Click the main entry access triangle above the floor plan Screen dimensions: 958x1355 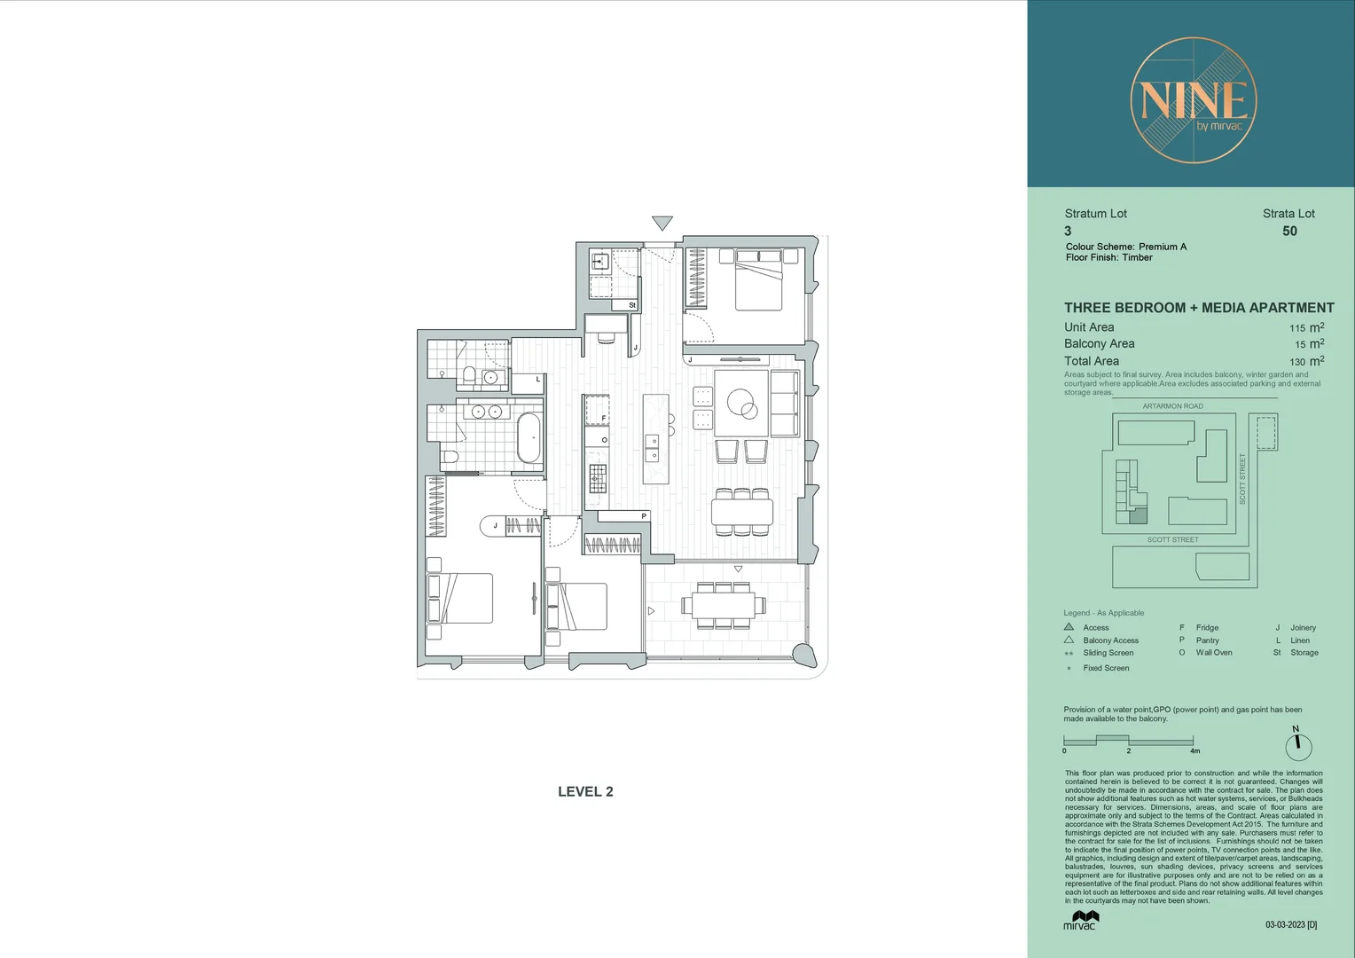click(662, 223)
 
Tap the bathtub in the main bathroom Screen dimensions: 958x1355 click(529, 438)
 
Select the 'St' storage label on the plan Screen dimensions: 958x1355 click(632, 305)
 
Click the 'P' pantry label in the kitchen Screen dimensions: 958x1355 click(644, 516)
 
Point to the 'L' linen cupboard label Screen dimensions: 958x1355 click(537, 380)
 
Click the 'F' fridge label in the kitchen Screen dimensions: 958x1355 click(604, 418)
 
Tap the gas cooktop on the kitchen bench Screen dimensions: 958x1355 click(598, 478)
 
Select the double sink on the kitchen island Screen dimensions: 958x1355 click(652, 448)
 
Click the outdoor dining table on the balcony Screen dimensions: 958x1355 click(718, 605)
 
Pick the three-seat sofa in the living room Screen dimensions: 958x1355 click(784, 404)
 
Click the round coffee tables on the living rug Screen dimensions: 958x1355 click(742, 405)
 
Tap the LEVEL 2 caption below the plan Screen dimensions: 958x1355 click(585, 792)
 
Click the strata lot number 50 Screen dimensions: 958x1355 click(1289, 232)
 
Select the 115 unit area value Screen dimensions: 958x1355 click(1296, 328)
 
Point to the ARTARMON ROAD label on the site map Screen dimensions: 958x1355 click(1172, 406)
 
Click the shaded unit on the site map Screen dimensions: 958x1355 click(1138, 515)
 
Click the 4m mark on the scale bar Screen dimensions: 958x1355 click(1194, 750)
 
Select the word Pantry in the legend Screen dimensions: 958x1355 click(1207, 640)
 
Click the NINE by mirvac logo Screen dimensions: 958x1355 click(1193, 100)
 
